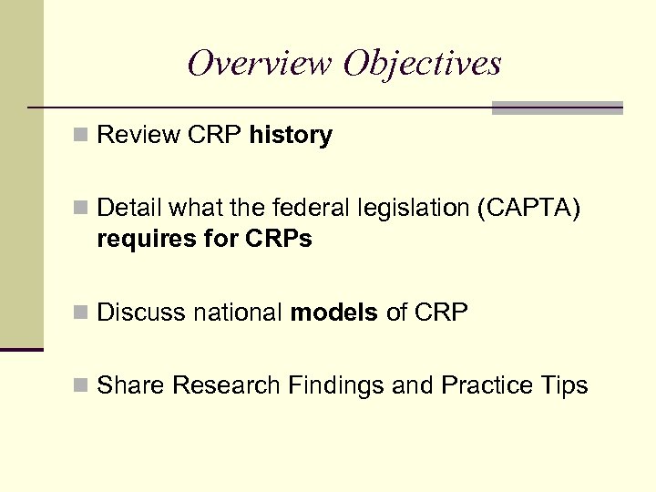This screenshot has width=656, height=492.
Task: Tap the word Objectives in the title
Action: click(423, 63)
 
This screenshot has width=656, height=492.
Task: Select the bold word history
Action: click(291, 136)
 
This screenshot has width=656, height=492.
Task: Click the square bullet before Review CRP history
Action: click(82, 137)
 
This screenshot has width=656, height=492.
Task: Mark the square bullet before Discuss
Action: click(82, 313)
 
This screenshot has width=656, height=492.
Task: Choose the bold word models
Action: click(333, 313)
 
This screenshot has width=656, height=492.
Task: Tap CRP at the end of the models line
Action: click(440, 313)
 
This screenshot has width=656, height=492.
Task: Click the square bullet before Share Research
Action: click(82, 386)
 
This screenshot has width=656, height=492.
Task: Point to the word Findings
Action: click(336, 386)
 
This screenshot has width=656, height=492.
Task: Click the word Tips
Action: click(566, 386)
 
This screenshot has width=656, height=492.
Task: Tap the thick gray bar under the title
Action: click(557, 108)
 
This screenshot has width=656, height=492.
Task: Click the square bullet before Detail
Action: click(82, 210)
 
